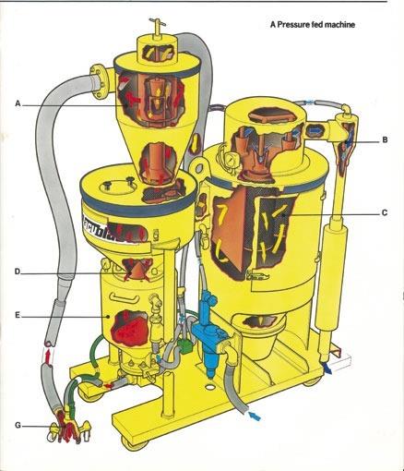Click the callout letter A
[x=18, y=103]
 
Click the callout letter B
[x=385, y=139]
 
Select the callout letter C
[x=385, y=212]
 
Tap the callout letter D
[x=18, y=272]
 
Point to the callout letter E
[x=18, y=315]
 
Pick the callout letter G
[x=18, y=425]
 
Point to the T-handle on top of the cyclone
[x=157, y=23]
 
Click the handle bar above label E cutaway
[x=125, y=296]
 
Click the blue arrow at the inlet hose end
[x=255, y=417]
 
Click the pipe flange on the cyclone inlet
[x=100, y=80]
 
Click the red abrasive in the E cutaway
[x=129, y=328]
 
